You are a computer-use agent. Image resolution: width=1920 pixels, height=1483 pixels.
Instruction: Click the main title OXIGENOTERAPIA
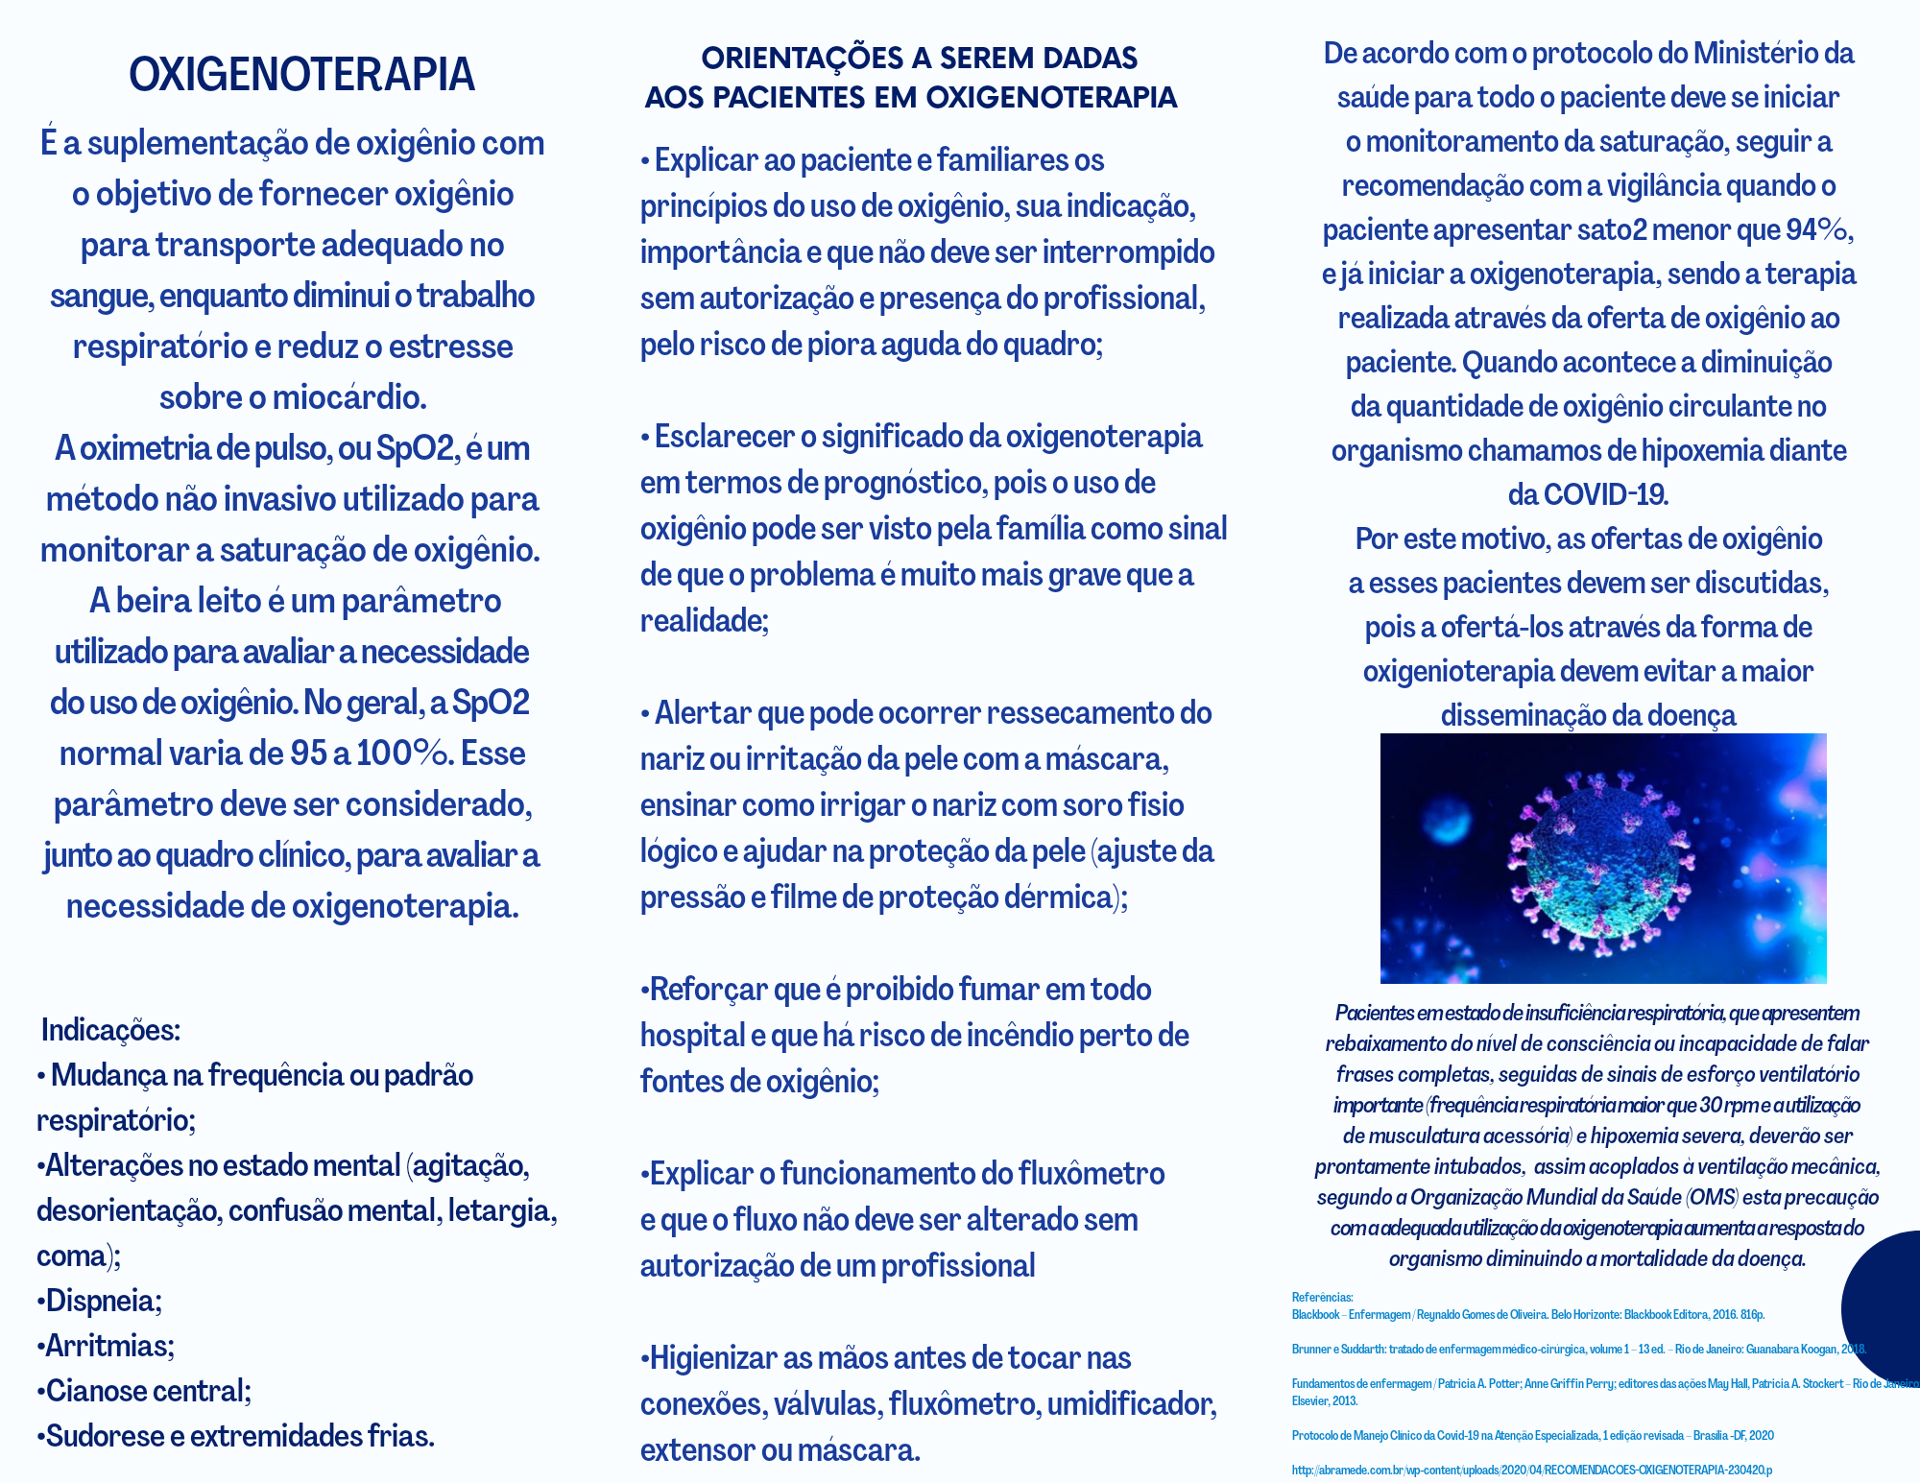click(301, 75)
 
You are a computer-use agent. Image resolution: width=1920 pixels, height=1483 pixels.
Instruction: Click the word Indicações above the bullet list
click(110, 1030)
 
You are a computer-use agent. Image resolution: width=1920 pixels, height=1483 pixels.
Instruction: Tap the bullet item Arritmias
click(108, 1346)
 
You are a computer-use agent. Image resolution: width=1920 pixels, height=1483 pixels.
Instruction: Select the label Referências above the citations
click(1322, 1298)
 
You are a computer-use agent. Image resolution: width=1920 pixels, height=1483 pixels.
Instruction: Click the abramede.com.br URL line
click(1531, 1470)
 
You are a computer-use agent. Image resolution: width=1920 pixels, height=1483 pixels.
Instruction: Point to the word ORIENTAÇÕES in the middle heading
click(803, 59)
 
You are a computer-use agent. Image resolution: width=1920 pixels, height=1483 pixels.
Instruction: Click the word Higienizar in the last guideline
click(712, 1358)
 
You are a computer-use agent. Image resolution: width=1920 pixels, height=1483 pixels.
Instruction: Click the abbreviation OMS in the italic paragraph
click(1712, 1197)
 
